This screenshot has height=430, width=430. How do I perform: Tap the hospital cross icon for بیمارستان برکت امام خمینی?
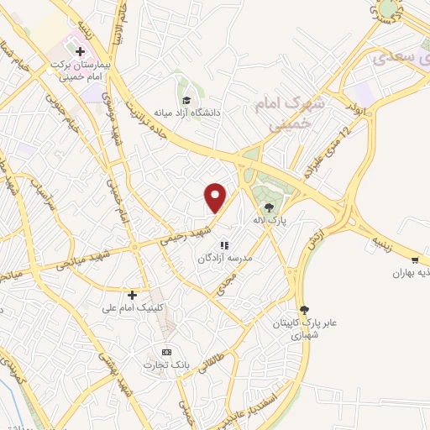pyautogui.click(x=81, y=51)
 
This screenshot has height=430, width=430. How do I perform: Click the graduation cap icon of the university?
pyautogui.click(x=185, y=113)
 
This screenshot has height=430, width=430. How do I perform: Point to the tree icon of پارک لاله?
pyautogui.click(x=269, y=207)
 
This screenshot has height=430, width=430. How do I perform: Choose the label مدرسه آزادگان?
pyautogui.click(x=224, y=259)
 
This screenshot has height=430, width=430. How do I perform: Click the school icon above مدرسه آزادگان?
pyautogui.click(x=224, y=245)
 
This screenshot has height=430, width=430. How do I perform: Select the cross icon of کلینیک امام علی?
pyautogui.click(x=132, y=295)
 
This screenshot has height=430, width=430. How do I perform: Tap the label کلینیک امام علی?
pyautogui.click(x=132, y=308)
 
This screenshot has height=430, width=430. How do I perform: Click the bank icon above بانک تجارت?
pyautogui.click(x=166, y=351)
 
